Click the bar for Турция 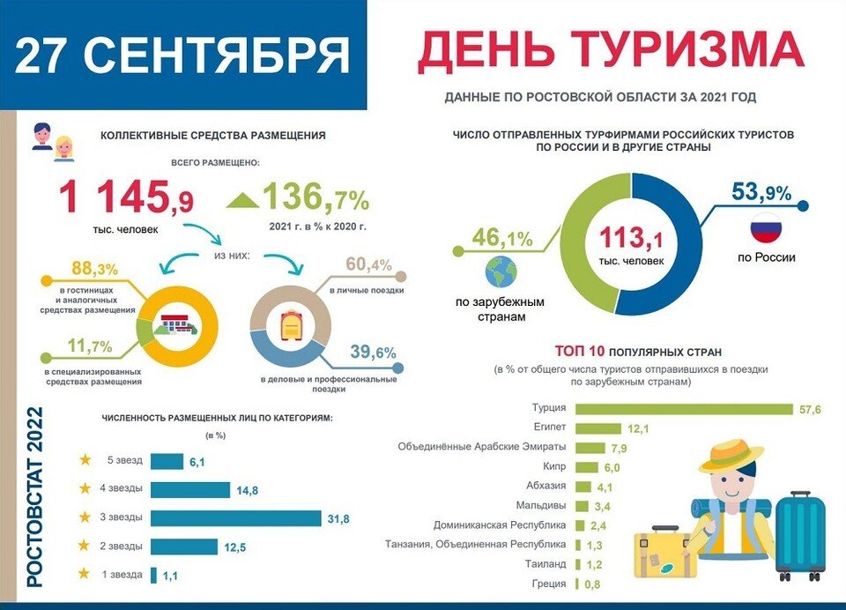point(684,409)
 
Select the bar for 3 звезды point(235,517)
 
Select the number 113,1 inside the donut point(631,237)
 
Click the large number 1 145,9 point(127,197)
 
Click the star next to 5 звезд point(85,460)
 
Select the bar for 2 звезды point(183,547)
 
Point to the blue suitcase point(800,534)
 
